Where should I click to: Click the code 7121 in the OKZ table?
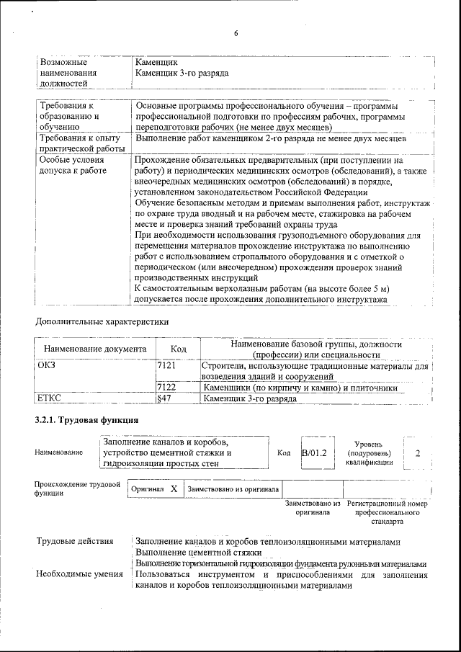pos(167,367)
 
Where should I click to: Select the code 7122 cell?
pos(167,388)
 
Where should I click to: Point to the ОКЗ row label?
pos(47,367)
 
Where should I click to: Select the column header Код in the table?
pos(178,349)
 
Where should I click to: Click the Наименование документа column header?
pos(95,349)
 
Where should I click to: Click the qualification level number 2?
pos(418,452)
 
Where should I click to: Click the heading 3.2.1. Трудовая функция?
pos(86,420)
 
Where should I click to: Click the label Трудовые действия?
pos(75,541)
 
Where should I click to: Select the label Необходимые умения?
pos(79,574)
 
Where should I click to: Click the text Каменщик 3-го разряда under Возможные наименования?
pos(182,73)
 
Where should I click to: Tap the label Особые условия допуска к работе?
pos(72,165)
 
